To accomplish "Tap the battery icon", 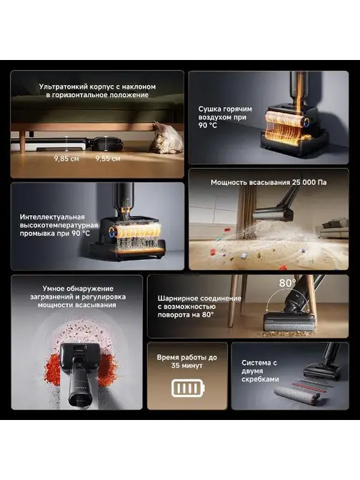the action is coord(188,388).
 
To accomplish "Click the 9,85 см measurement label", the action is coord(66,159).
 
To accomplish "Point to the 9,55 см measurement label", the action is coord(108,159).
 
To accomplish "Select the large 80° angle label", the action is coord(287,283).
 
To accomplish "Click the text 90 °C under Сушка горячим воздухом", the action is coord(208,125).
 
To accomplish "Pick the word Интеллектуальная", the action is coord(52,217).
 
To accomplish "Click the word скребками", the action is coord(260,379).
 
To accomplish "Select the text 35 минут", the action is coord(186,366).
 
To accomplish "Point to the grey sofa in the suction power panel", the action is coord(334,230).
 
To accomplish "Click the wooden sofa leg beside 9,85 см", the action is coord(23,141).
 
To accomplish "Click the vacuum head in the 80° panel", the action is coord(289,324).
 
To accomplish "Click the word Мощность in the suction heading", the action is coord(229,182).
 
